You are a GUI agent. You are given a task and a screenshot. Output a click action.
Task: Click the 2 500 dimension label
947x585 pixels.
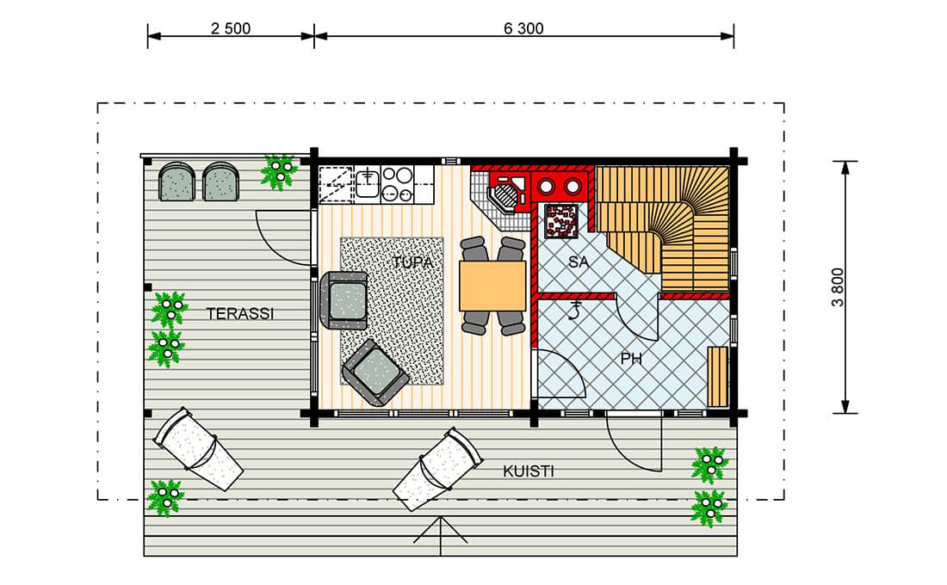230,28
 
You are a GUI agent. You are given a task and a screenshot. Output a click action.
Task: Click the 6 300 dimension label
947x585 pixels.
523,28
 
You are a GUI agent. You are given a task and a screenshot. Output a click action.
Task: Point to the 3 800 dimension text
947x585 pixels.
838,287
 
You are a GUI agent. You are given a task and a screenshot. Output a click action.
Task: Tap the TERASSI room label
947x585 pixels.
240,314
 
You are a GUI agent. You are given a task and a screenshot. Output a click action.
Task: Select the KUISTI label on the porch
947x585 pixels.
529,471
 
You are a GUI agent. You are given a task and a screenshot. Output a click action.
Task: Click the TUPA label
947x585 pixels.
413,262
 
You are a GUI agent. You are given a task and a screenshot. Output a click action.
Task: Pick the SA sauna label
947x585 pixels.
578,262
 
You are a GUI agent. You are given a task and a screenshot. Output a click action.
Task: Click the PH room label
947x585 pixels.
631,360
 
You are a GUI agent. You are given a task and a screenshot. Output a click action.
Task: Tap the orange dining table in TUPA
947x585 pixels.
492,286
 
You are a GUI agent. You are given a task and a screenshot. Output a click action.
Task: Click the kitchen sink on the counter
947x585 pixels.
367,183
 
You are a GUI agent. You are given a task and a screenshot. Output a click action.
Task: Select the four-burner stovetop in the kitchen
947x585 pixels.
398,183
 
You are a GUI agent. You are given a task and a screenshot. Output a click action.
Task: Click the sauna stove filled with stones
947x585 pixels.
561,222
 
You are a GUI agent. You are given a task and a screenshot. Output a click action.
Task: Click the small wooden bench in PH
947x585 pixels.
717,377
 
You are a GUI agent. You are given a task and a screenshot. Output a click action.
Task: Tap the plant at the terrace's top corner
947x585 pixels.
278,171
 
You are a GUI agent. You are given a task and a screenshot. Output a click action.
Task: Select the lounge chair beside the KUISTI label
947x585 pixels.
437,469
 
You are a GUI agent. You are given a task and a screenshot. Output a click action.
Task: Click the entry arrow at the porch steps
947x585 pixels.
440,535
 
